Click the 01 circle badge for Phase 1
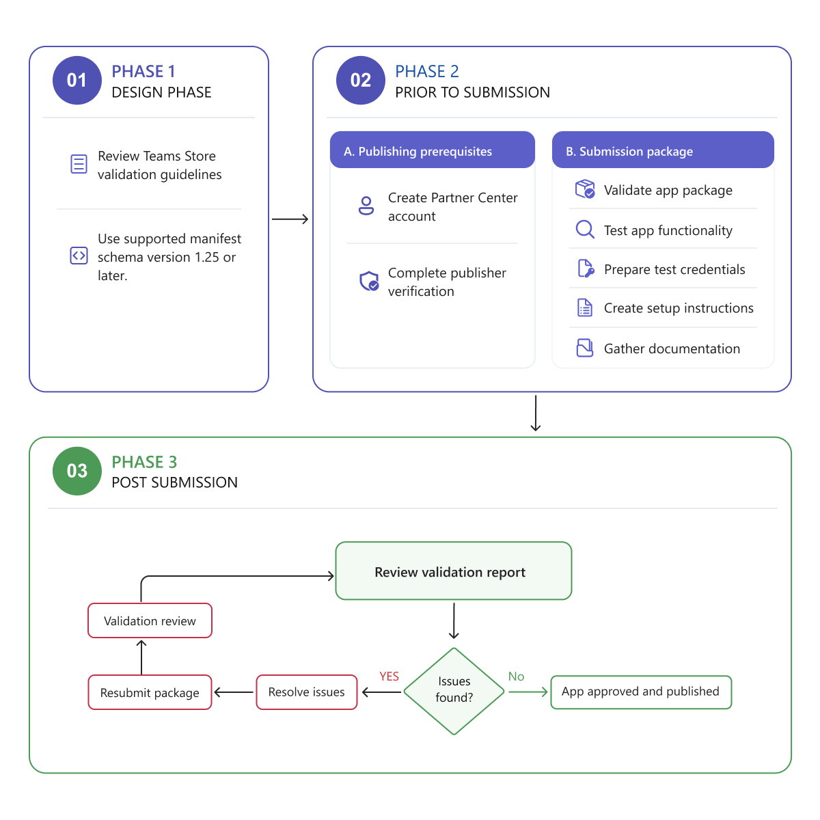(77, 81)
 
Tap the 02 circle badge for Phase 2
(360, 81)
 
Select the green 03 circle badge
(77, 471)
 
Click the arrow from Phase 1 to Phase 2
(290, 219)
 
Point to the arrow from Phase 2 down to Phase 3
(535, 413)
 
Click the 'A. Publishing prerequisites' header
(433, 150)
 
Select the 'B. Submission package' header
(663, 150)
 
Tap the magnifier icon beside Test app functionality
(585, 230)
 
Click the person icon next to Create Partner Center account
(366, 206)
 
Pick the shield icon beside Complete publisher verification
(369, 281)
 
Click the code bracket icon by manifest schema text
(79, 256)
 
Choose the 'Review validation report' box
(453, 571)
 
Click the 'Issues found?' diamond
(454, 691)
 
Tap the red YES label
(389, 676)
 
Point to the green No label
(516, 676)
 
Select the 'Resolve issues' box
(306, 692)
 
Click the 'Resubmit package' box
(150, 692)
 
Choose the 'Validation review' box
(150, 620)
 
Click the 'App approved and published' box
(641, 692)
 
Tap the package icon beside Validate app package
(585, 189)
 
